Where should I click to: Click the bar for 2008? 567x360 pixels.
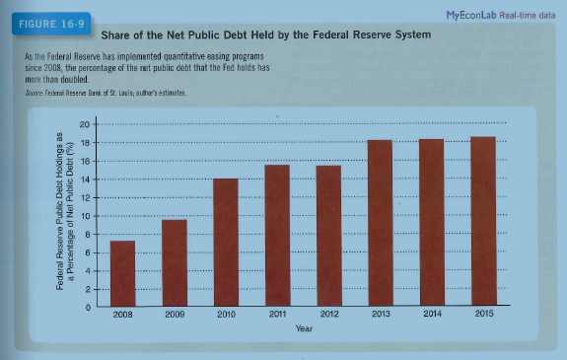(x=122, y=273)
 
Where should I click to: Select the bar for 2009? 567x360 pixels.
(x=174, y=262)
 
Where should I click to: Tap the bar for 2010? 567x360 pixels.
(x=226, y=243)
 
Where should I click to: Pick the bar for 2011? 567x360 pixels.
(x=277, y=236)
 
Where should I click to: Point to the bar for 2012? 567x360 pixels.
(x=328, y=236)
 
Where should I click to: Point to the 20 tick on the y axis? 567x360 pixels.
(x=86, y=124)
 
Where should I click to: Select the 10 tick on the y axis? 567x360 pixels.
(x=86, y=216)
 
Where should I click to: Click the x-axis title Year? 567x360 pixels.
(x=303, y=328)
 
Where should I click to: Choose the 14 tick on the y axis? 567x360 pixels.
(x=86, y=180)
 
